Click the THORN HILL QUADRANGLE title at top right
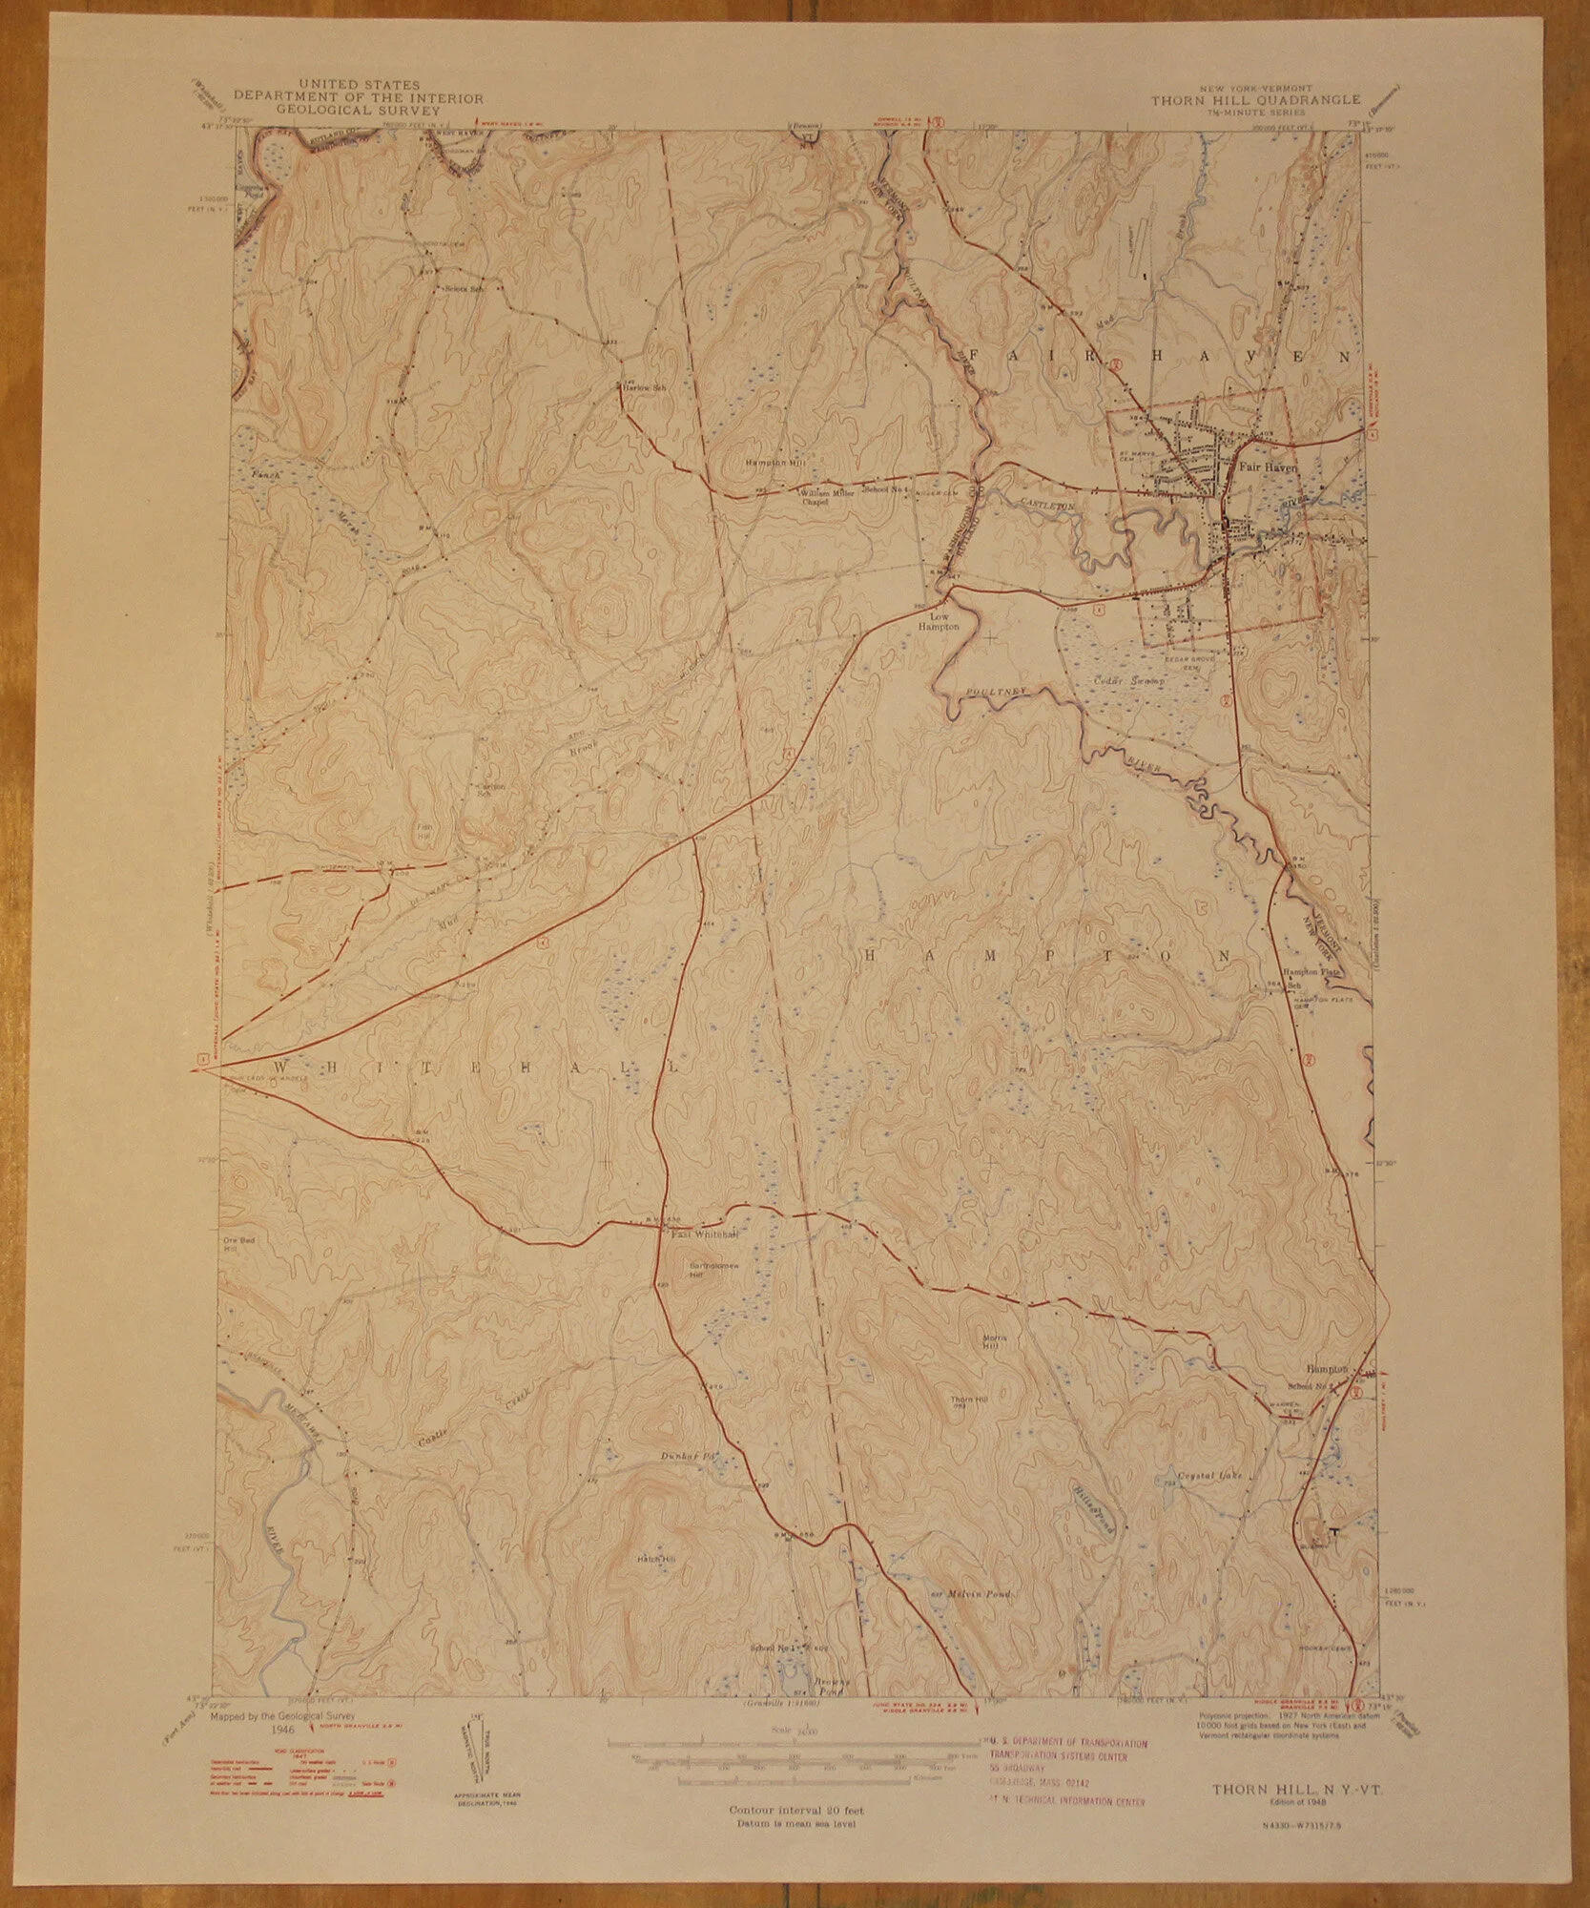pyautogui.click(x=1238, y=99)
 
